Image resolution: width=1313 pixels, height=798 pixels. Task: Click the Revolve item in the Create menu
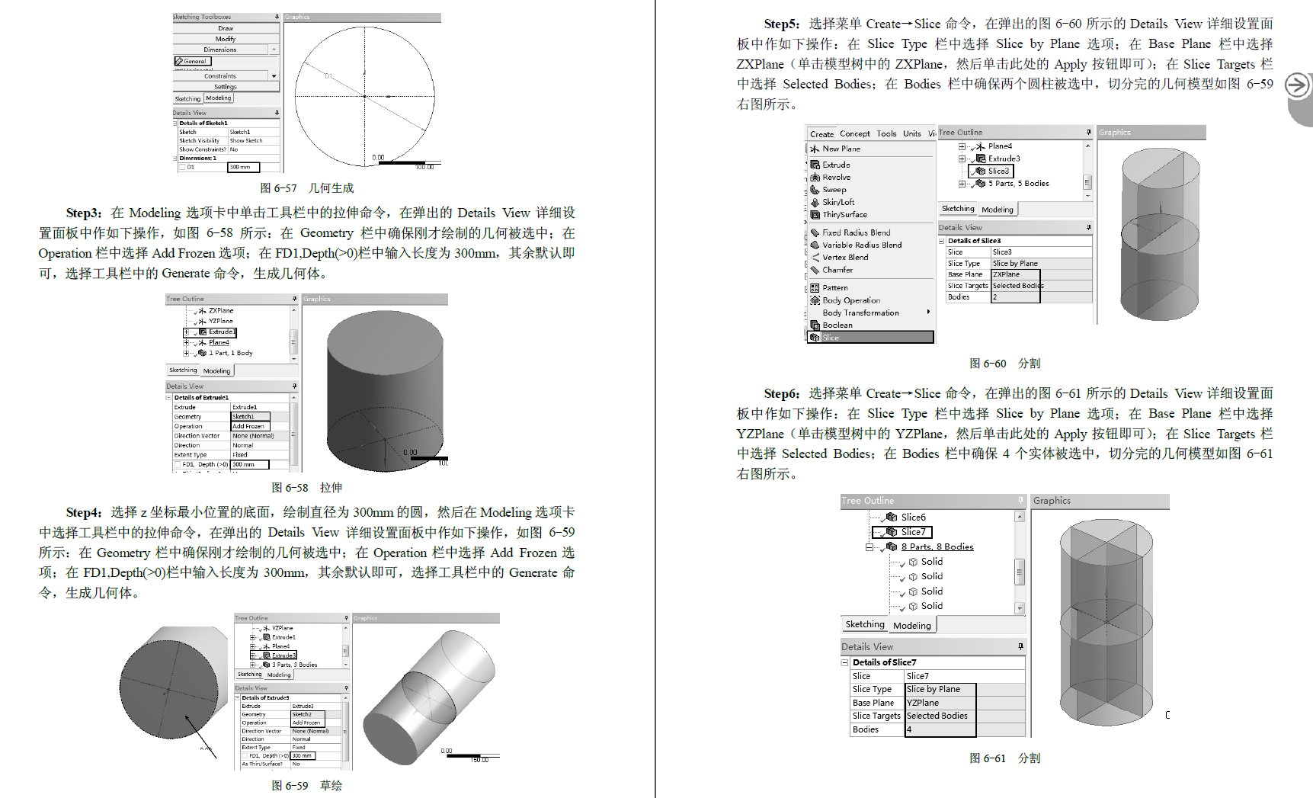pyautogui.click(x=836, y=177)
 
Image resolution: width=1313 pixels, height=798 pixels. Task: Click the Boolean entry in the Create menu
pyautogui.click(x=837, y=325)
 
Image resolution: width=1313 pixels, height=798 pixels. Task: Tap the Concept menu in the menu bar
pyautogui.click(x=854, y=133)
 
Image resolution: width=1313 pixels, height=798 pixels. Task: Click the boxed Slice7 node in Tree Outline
pyautogui.click(x=912, y=532)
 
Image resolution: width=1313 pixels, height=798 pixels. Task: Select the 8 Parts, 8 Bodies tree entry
pyautogui.click(x=937, y=546)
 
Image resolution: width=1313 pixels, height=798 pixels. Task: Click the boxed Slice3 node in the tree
pyautogui.click(x=998, y=171)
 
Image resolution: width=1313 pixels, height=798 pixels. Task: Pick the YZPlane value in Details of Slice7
pyautogui.click(x=923, y=703)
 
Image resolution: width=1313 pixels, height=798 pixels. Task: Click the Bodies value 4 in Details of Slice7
pyautogui.click(x=909, y=729)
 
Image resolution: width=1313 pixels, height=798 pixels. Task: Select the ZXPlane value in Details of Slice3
pyautogui.click(x=1006, y=274)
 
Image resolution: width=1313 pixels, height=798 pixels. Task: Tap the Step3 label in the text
pyautogui.click(x=83, y=213)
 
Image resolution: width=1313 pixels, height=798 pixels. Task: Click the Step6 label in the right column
pyautogui.click(x=781, y=393)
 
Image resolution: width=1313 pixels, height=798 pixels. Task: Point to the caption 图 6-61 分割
pyautogui.click(x=1004, y=758)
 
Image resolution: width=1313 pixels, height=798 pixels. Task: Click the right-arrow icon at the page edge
pyautogui.click(x=1297, y=85)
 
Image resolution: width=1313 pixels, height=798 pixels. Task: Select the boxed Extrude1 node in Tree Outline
pyautogui.click(x=222, y=332)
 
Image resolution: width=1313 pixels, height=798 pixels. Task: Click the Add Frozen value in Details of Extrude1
pyautogui.click(x=248, y=426)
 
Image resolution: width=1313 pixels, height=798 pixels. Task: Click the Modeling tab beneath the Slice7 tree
pyautogui.click(x=912, y=625)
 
